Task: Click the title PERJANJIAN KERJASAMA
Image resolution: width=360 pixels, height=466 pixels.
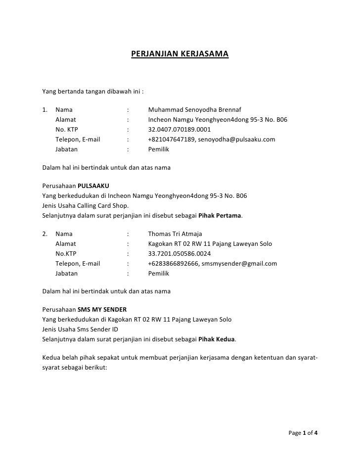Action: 180,53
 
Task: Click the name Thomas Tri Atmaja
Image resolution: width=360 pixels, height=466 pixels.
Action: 175,234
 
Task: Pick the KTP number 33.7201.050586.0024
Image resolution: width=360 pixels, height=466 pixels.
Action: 179,254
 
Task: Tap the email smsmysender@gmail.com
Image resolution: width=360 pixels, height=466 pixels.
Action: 243,264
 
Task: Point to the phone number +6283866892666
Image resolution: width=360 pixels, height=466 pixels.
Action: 173,264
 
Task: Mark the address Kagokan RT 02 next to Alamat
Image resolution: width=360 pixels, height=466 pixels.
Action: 168,244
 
